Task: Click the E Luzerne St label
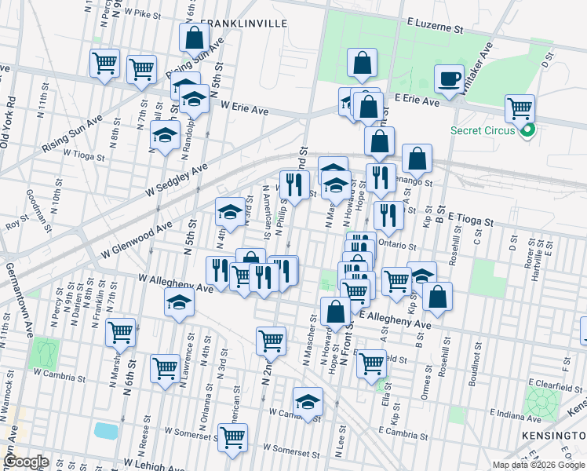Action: (435, 26)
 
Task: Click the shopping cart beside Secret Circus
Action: (519, 108)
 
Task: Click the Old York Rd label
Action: (9, 121)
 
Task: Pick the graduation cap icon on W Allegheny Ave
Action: (179, 302)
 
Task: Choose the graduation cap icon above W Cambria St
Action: (308, 400)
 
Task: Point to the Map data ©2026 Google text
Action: (538, 466)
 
